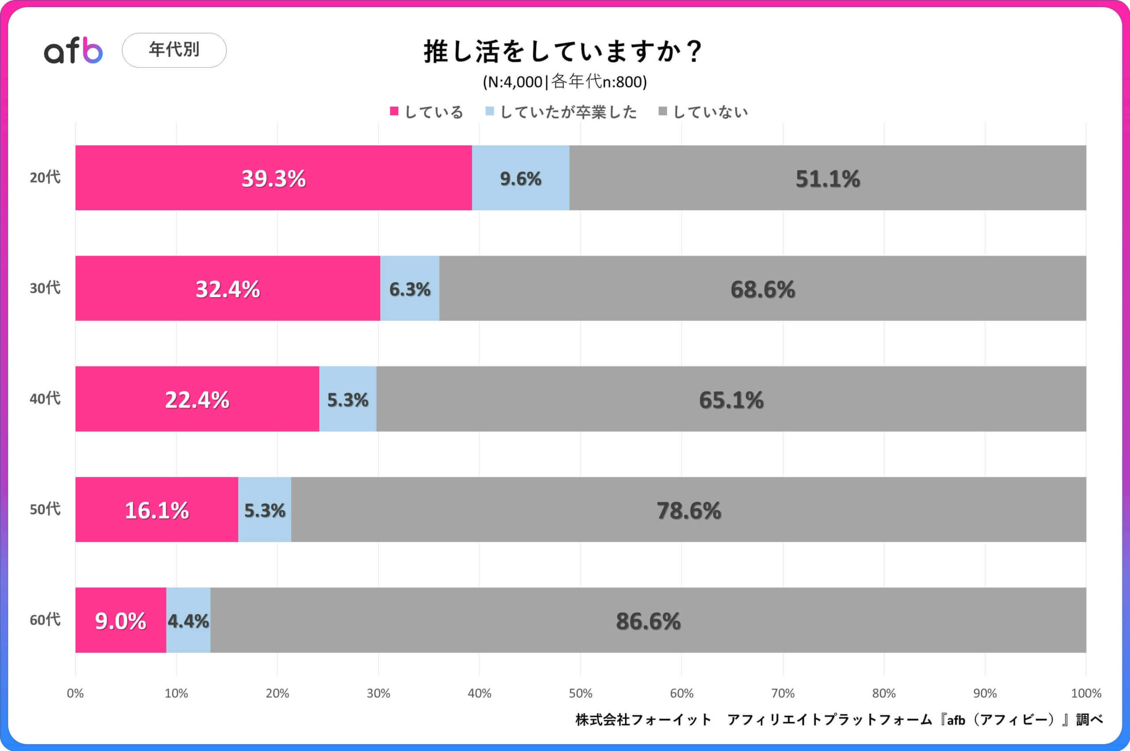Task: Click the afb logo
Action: (73, 50)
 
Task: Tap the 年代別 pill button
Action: (174, 50)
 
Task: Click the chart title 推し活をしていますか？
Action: (564, 51)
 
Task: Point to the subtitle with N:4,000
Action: (565, 82)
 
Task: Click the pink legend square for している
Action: (394, 112)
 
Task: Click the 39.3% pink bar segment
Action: (273, 178)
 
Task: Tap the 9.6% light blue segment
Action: (520, 178)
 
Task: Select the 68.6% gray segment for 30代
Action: (762, 289)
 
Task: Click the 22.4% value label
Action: (197, 400)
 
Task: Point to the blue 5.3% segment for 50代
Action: (265, 510)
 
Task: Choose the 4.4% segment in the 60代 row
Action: (188, 621)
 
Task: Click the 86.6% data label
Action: (648, 621)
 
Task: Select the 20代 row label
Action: (45, 177)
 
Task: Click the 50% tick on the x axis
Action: (580, 693)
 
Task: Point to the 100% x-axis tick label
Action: (1085, 693)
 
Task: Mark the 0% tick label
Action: (75, 693)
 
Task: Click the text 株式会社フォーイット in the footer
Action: (643, 719)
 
